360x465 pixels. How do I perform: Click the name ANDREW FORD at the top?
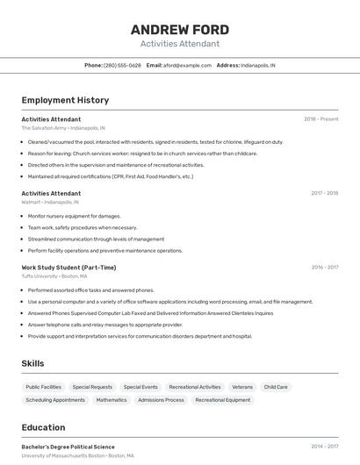click(179, 29)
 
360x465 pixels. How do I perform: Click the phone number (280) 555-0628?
click(122, 65)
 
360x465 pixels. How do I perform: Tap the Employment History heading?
click(65, 100)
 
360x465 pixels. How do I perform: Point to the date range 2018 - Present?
click(321, 118)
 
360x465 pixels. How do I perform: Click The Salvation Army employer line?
click(63, 128)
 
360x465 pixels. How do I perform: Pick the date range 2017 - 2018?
click(325, 193)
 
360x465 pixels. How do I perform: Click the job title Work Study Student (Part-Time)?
click(68, 268)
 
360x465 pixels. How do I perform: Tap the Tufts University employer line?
click(55, 276)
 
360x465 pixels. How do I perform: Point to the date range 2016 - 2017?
click(325, 268)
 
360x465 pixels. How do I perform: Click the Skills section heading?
click(32, 363)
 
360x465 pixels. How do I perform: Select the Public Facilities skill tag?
click(44, 387)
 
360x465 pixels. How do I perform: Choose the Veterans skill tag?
click(242, 387)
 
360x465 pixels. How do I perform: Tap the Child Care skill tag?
click(276, 387)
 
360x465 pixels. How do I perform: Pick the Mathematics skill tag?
click(112, 400)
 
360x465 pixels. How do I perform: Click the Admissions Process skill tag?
click(161, 400)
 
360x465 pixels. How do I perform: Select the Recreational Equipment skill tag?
click(223, 400)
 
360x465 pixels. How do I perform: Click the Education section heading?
click(43, 428)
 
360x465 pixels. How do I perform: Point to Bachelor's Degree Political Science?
click(68, 447)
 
